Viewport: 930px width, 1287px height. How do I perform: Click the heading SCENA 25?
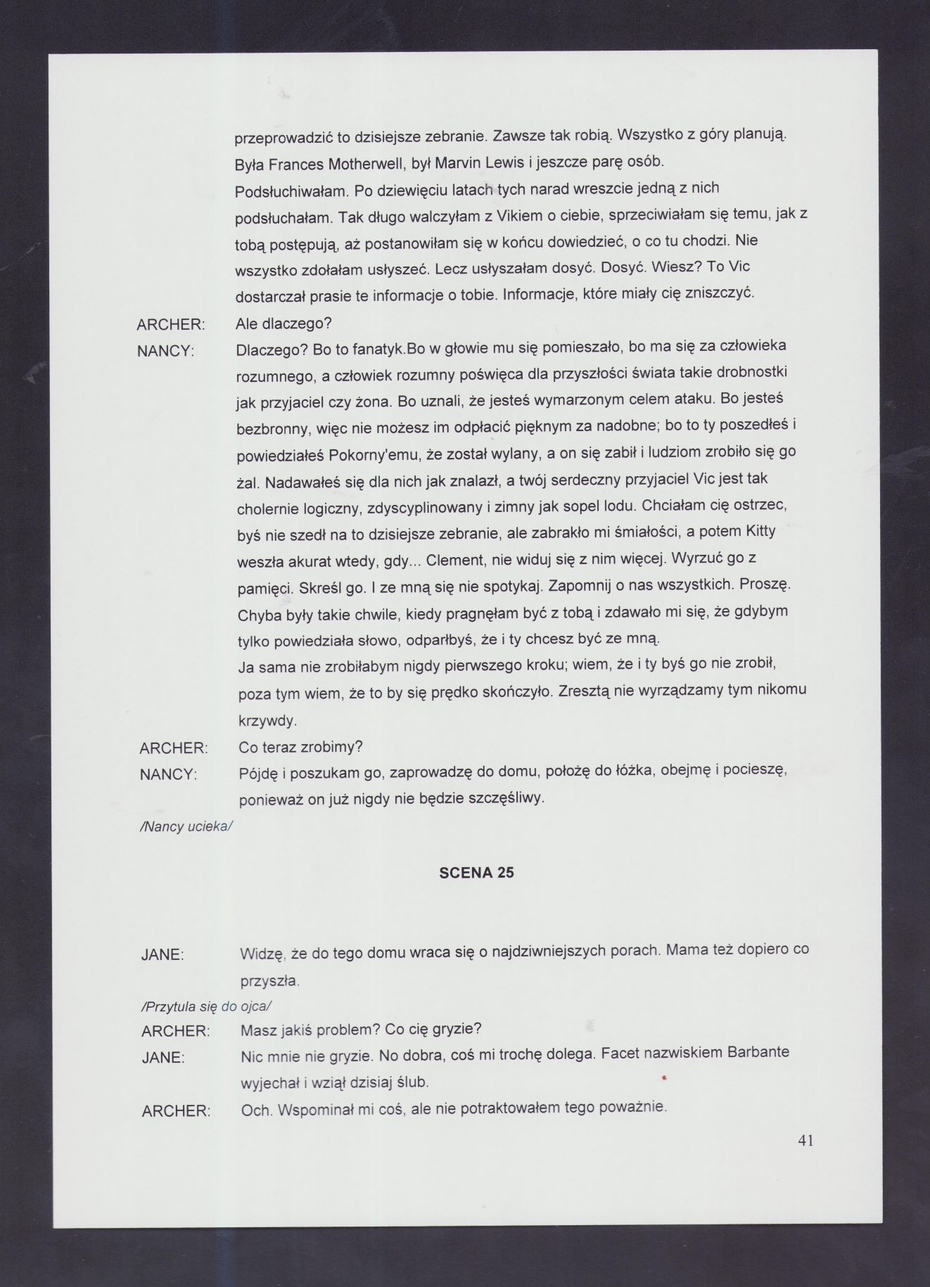(476, 873)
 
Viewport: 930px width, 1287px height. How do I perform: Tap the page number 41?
(806, 1141)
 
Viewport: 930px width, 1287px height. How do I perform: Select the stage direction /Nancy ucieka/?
(186, 826)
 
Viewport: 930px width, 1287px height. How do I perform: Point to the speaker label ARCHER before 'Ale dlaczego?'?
(170, 325)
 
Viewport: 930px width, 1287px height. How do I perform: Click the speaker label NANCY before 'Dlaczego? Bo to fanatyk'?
(165, 351)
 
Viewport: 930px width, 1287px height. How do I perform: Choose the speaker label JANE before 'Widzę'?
(163, 956)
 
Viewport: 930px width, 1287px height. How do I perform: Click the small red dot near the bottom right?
(664, 1077)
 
